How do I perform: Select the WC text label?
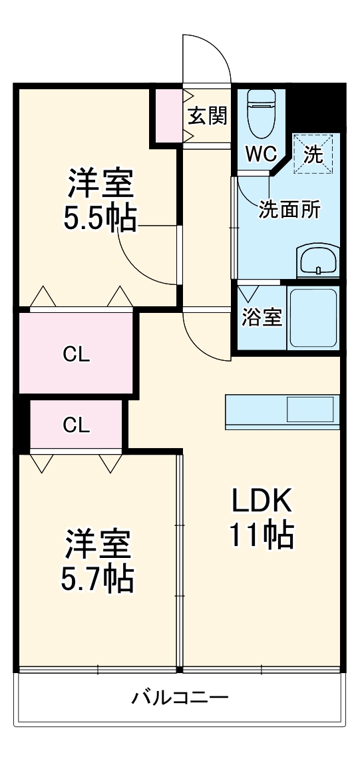click(260, 154)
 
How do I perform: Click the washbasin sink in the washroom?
click(318, 260)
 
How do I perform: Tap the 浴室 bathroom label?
click(262, 318)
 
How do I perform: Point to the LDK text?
click(262, 500)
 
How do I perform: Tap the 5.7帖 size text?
click(98, 579)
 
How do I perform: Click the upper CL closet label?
click(76, 354)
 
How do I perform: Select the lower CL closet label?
click(76, 425)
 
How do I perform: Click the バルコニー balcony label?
click(180, 698)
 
